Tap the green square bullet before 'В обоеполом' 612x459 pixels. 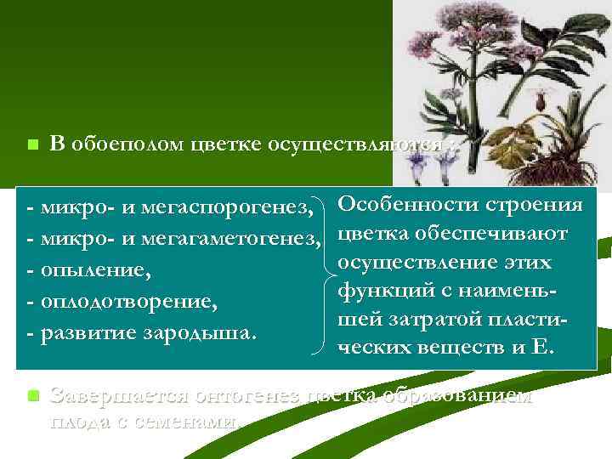click(x=31, y=145)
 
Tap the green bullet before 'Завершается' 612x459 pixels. click(x=32, y=396)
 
